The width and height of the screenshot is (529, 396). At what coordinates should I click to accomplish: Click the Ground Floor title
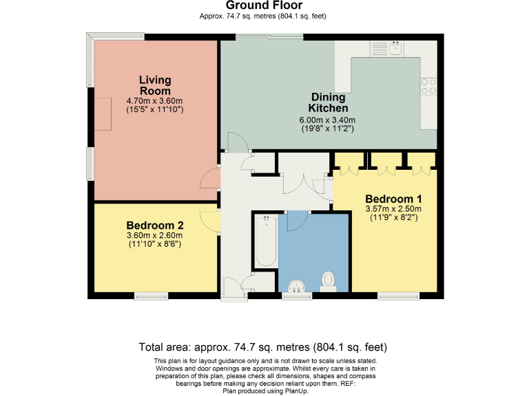pyautogui.click(x=264, y=5)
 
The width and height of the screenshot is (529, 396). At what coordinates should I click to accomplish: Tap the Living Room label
pyautogui.click(x=155, y=85)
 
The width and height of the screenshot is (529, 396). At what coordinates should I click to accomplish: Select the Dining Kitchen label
pyautogui.click(x=329, y=102)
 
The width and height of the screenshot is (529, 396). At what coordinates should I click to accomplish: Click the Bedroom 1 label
pyautogui.click(x=393, y=199)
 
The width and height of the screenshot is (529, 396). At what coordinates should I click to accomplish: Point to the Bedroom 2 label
pyautogui.click(x=155, y=225)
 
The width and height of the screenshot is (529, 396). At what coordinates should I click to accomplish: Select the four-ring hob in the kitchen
pyautogui.click(x=428, y=86)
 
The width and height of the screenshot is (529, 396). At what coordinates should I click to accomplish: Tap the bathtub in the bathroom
pyautogui.click(x=266, y=241)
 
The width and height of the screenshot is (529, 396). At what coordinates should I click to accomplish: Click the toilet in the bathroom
pyautogui.click(x=328, y=282)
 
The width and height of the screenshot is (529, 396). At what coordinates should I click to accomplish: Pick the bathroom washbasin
pyautogui.click(x=297, y=286)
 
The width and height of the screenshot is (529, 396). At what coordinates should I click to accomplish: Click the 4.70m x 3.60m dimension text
pyautogui.click(x=154, y=100)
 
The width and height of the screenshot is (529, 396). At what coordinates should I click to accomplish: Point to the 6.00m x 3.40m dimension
pyautogui.click(x=327, y=120)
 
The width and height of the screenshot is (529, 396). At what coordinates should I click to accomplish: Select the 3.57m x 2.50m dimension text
pyautogui.click(x=393, y=209)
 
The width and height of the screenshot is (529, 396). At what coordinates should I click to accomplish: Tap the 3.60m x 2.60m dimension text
pyautogui.click(x=154, y=235)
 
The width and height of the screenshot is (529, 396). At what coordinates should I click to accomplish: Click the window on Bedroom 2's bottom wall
pyautogui.click(x=151, y=296)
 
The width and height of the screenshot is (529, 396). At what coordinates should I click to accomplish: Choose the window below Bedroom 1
pyautogui.click(x=398, y=296)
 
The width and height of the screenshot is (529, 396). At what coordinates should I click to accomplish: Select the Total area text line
pyautogui.click(x=263, y=347)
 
